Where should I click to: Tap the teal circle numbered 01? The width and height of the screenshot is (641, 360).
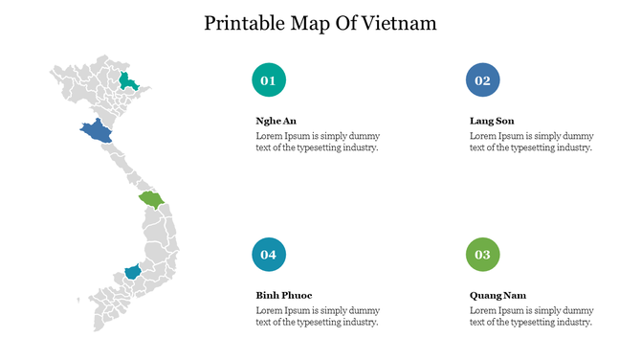pos(269,80)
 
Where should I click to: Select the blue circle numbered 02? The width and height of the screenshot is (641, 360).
pos(482,80)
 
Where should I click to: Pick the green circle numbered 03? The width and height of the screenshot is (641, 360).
pos(482,254)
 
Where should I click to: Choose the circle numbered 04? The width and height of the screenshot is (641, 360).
pos(269,254)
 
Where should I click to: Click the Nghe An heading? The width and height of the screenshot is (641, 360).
pos(276,122)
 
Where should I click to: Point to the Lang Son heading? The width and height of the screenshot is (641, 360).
pos(492,122)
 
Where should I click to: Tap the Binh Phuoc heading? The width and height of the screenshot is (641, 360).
pos(284,295)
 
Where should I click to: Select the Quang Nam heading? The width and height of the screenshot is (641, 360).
pos(497,295)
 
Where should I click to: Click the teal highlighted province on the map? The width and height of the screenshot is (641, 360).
pos(127,82)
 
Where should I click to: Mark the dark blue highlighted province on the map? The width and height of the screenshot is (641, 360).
pos(98,132)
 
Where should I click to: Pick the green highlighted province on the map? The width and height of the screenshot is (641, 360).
pos(151,199)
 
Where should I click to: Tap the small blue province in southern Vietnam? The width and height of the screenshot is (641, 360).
pos(132,274)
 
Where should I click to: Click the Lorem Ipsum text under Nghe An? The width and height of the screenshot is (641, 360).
pos(317,142)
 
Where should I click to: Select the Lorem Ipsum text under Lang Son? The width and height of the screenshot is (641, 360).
pos(531,142)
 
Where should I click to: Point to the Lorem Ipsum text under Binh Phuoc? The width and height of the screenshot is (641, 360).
pos(317,316)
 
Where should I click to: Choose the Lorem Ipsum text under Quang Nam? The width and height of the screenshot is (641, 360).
pos(531,316)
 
